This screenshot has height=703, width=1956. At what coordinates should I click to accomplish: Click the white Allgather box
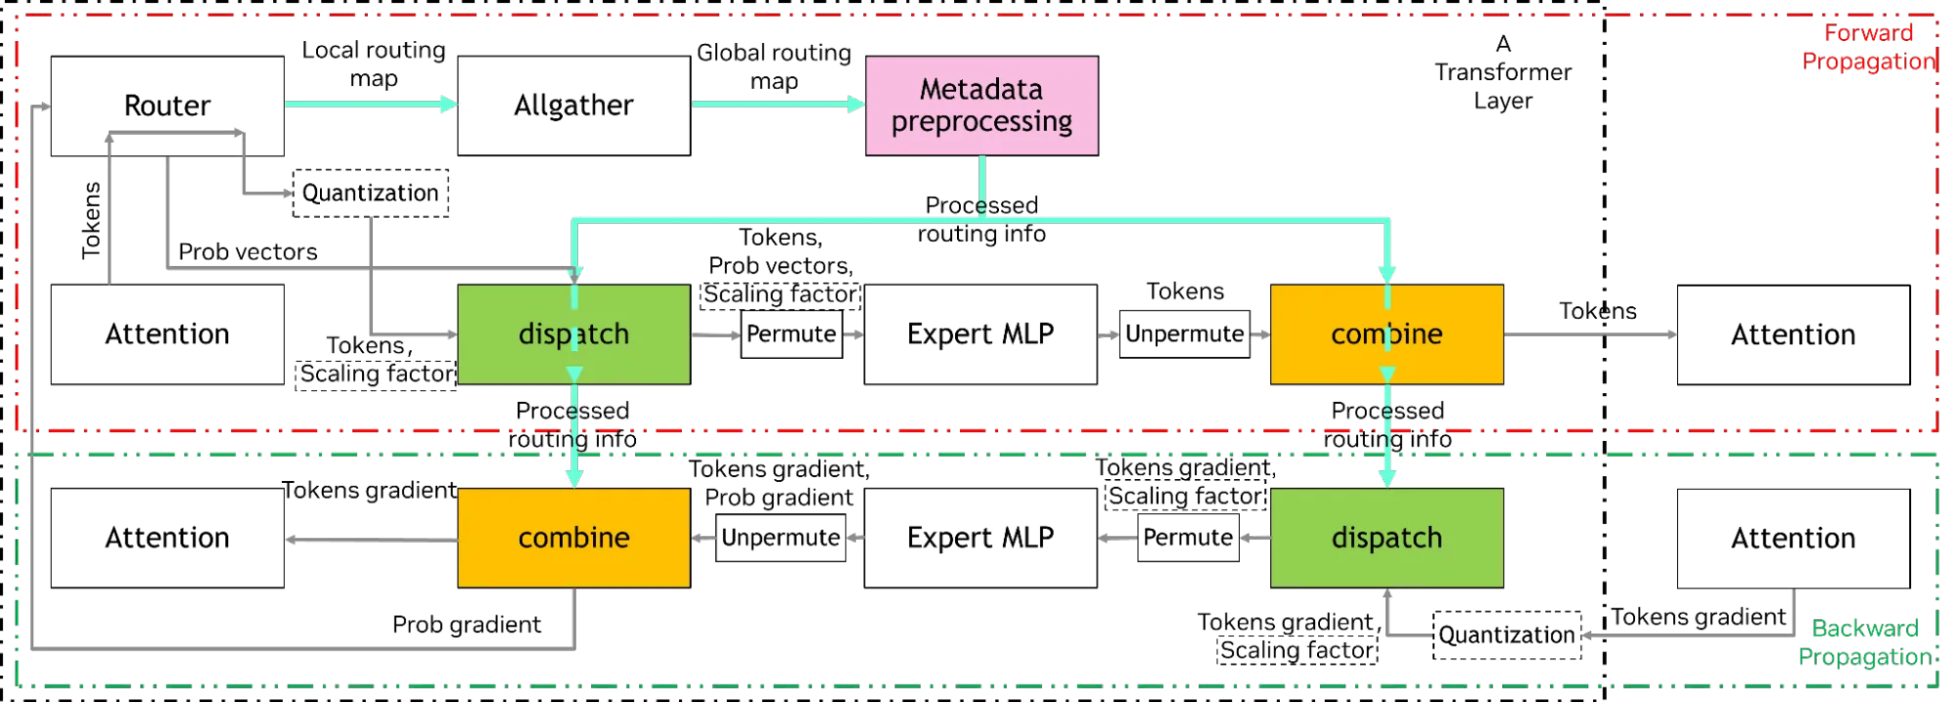[573, 106]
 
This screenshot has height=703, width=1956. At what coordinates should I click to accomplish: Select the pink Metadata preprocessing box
[981, 106]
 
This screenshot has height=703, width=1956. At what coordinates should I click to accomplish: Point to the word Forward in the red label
[1869, 34]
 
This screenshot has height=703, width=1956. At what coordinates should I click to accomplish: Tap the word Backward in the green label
[1864, 629]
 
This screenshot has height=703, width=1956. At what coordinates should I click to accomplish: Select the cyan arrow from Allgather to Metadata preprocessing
[778, 103]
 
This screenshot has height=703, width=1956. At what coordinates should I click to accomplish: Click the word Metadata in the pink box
[981, 90]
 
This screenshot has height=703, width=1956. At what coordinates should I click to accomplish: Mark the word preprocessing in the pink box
[981, 122]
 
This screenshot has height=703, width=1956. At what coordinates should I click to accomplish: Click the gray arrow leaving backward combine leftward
[372, 539]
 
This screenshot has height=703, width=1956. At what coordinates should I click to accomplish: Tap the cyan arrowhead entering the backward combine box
[574, 478]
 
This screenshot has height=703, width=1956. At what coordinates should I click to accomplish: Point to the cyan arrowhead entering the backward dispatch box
[1387, 478]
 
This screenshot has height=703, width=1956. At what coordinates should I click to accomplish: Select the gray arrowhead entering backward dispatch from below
[1387, 594]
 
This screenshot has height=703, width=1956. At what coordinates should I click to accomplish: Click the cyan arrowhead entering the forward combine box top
[1387, 274]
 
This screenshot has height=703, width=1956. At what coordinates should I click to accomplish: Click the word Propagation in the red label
[1869, 62]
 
